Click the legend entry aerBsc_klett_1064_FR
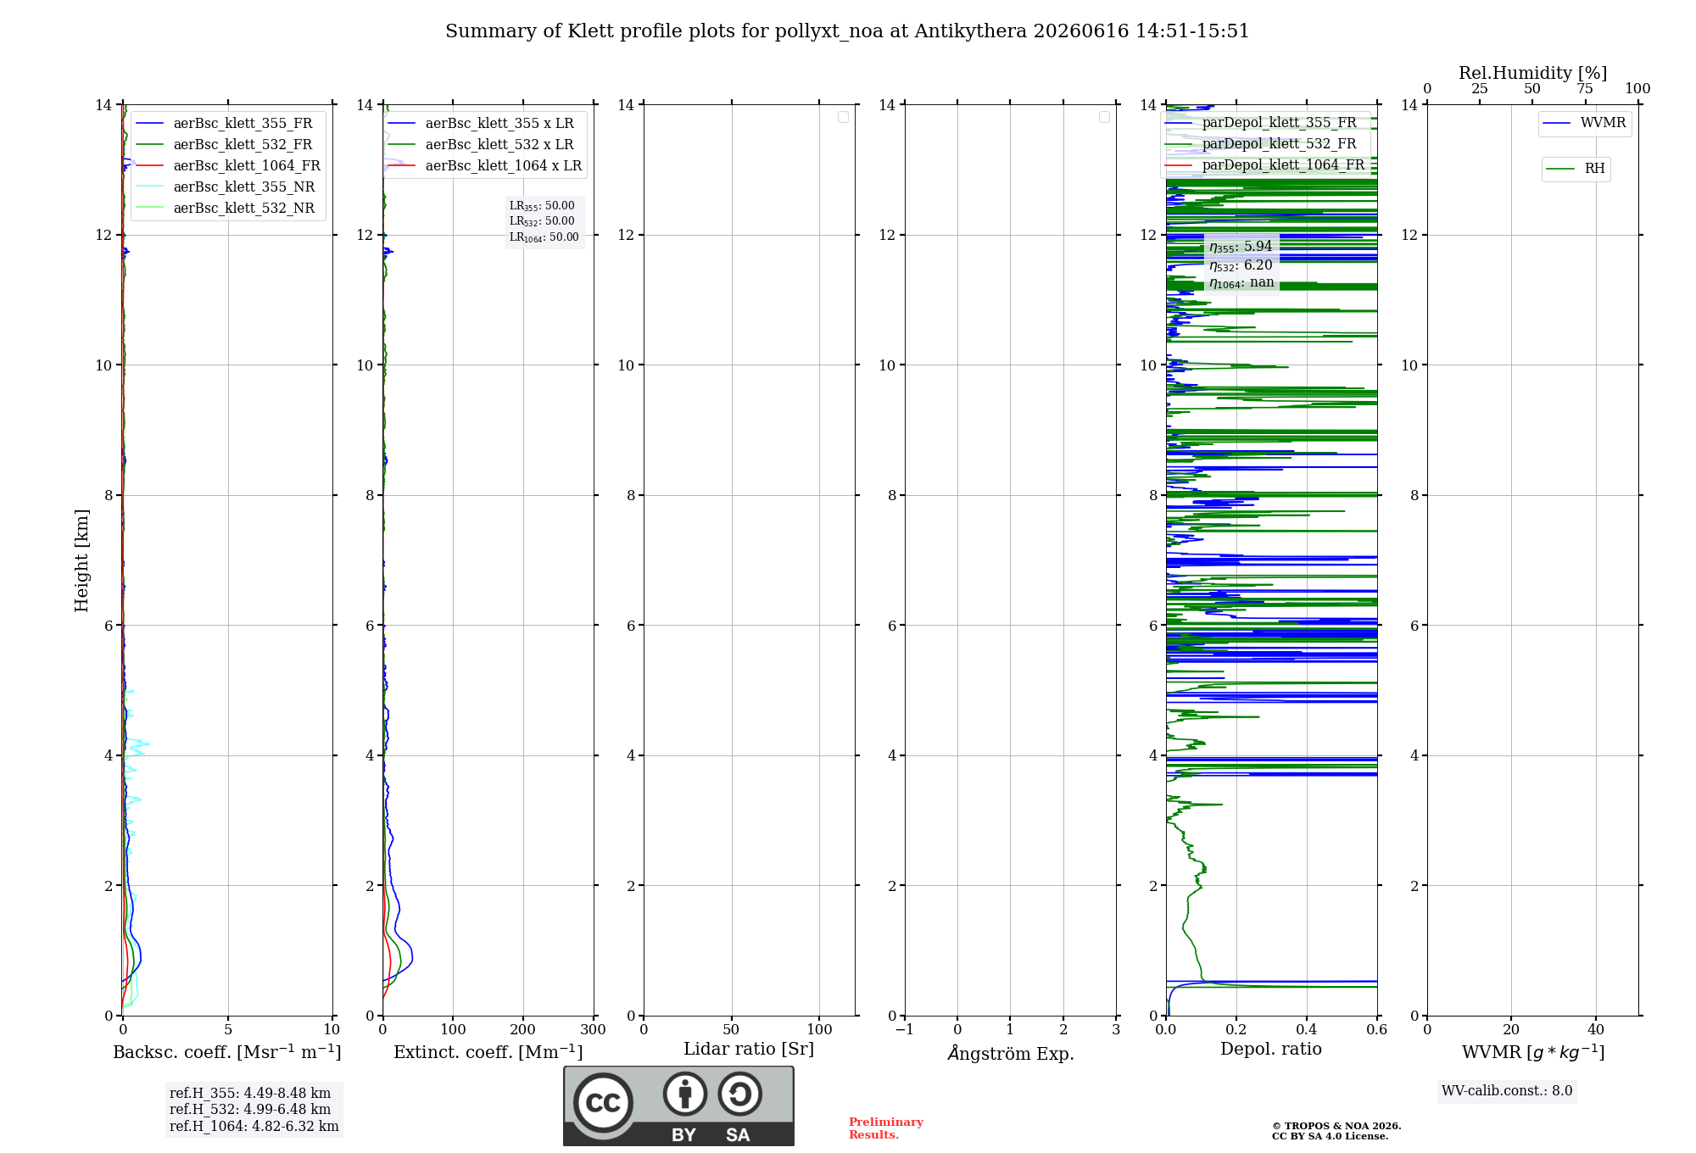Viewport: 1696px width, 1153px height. tap(227, 165)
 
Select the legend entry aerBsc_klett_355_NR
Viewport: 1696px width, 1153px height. tap(225, 187)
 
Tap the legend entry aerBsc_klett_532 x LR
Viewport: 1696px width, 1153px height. tap(481, 144)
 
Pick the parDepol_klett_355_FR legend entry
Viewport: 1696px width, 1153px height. tap(1261, 122)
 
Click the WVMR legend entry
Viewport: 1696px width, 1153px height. tap(1584, 123)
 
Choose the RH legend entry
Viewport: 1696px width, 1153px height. tap(1576, 169)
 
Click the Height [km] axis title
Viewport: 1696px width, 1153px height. tap(81, 560)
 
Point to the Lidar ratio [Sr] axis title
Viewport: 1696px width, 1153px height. tap(749, 1049)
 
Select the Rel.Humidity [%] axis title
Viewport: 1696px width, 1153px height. tap(1533, 73)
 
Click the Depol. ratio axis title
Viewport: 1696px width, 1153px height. tap(1271, 1049)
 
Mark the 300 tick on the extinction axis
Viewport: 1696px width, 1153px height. tap(593, 1029)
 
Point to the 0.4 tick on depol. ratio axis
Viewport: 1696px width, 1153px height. tap(1307, 1029)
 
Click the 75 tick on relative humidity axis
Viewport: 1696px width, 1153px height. tap(1584, 88)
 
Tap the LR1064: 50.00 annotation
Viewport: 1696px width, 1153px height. tap(544, 237)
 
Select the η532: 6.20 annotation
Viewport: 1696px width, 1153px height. tap(1241, 265)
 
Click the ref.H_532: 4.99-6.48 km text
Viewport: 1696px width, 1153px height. tap(250, 1109)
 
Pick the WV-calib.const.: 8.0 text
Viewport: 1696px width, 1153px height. tap(1507, 1091)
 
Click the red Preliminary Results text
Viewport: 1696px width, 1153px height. tap(886, 1128)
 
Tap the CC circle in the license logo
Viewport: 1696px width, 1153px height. tap(603, 1102)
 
